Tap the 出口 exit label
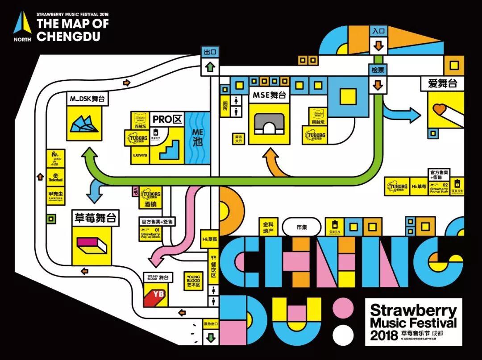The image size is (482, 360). click(210, 52)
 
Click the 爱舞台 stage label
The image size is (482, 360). click(441, 83)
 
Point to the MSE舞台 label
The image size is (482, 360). click(269, 95)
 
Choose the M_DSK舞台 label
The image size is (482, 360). click(87, 99)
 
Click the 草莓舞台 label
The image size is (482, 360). click(96, 218)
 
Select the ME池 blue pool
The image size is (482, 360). click(197, 138)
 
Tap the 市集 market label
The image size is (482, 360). click(302, 227)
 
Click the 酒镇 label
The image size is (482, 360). click(150, 206)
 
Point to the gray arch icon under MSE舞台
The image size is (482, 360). click(269, 123)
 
